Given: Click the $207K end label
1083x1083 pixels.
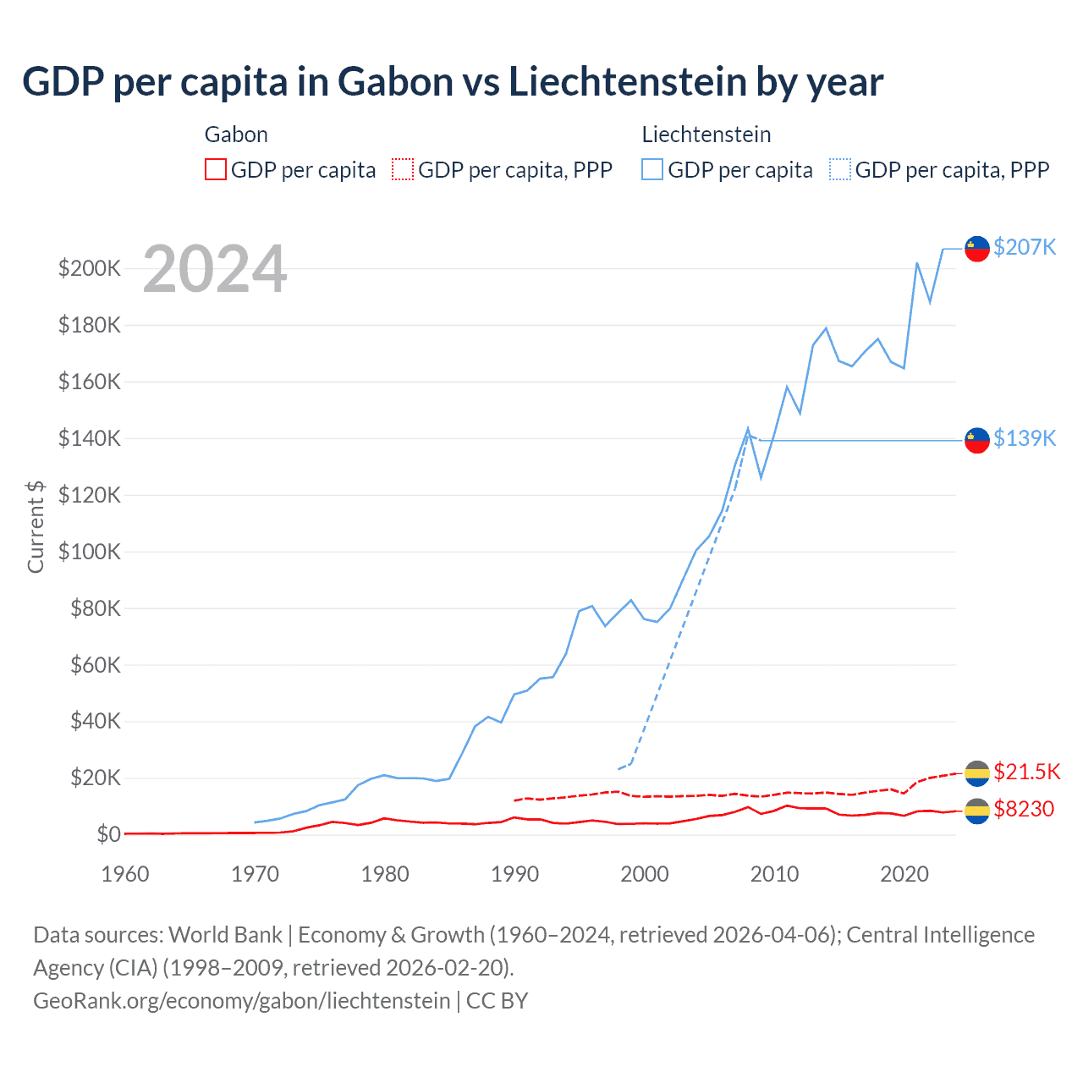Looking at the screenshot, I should (1025, 247).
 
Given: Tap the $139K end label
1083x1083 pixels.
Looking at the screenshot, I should (1025, 438).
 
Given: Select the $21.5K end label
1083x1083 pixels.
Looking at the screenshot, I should (1026, 772).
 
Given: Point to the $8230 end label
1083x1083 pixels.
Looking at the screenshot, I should (1024, 810).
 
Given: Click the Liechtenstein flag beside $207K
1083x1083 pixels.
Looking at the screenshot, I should (977, 248).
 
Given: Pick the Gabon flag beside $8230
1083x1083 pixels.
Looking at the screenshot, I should (977, 811).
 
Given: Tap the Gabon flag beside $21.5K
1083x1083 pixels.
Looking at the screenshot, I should (977, 772).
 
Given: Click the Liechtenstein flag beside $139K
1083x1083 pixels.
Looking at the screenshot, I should (977, 440).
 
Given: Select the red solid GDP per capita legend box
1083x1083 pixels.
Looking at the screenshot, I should (216, 170).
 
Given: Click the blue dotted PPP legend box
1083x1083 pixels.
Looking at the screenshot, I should (840, 170).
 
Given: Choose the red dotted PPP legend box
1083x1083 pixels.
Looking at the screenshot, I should (403, 170).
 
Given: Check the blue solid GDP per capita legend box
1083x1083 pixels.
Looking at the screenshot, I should (652, 170).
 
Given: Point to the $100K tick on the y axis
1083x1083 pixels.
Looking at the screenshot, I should (89, 552).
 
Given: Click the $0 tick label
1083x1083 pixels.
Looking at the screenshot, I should (108, 834).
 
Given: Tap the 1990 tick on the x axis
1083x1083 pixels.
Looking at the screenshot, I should (514, 874).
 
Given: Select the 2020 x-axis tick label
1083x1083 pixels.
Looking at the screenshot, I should (904, 874).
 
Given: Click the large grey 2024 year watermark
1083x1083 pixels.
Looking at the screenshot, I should (215, 269).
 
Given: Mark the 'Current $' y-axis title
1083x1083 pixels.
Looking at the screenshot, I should (36, 526).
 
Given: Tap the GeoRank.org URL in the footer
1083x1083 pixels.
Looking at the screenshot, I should (242, 1001).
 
